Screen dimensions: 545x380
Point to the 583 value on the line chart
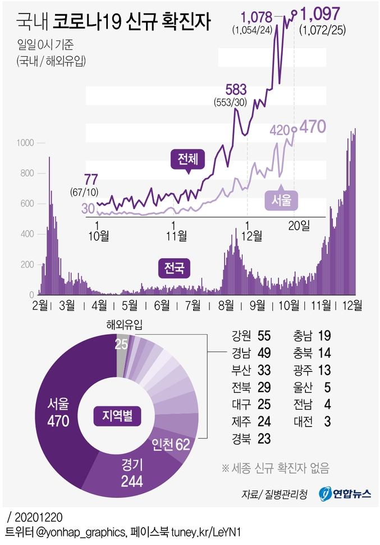coord(236,89)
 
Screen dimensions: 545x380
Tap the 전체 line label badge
coord(188,159)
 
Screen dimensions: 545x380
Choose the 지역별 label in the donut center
coord(117,416)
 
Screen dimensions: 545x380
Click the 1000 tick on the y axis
coord(27,143)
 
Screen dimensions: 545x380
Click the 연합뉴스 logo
coord(345,493)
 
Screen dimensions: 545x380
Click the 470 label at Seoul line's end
coord(313,127)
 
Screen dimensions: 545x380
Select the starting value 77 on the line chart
coord(91,179)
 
